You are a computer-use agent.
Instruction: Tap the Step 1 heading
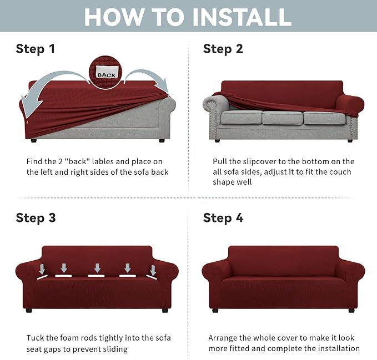coord(36,49)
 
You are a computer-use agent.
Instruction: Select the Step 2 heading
coord(223,49)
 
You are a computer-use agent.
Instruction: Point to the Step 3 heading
coord(36,217)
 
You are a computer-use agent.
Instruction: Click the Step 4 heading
coord(223,217)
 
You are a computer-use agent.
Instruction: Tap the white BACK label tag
coord(107,74)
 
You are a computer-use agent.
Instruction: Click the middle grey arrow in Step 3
coord(97,268)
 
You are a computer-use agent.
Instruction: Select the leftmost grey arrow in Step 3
coord(42,270)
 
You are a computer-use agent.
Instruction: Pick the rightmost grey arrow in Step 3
coord(153,270)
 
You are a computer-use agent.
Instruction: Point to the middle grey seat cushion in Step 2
coord(282,118)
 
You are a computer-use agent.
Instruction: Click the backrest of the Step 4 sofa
coord(283,260)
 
